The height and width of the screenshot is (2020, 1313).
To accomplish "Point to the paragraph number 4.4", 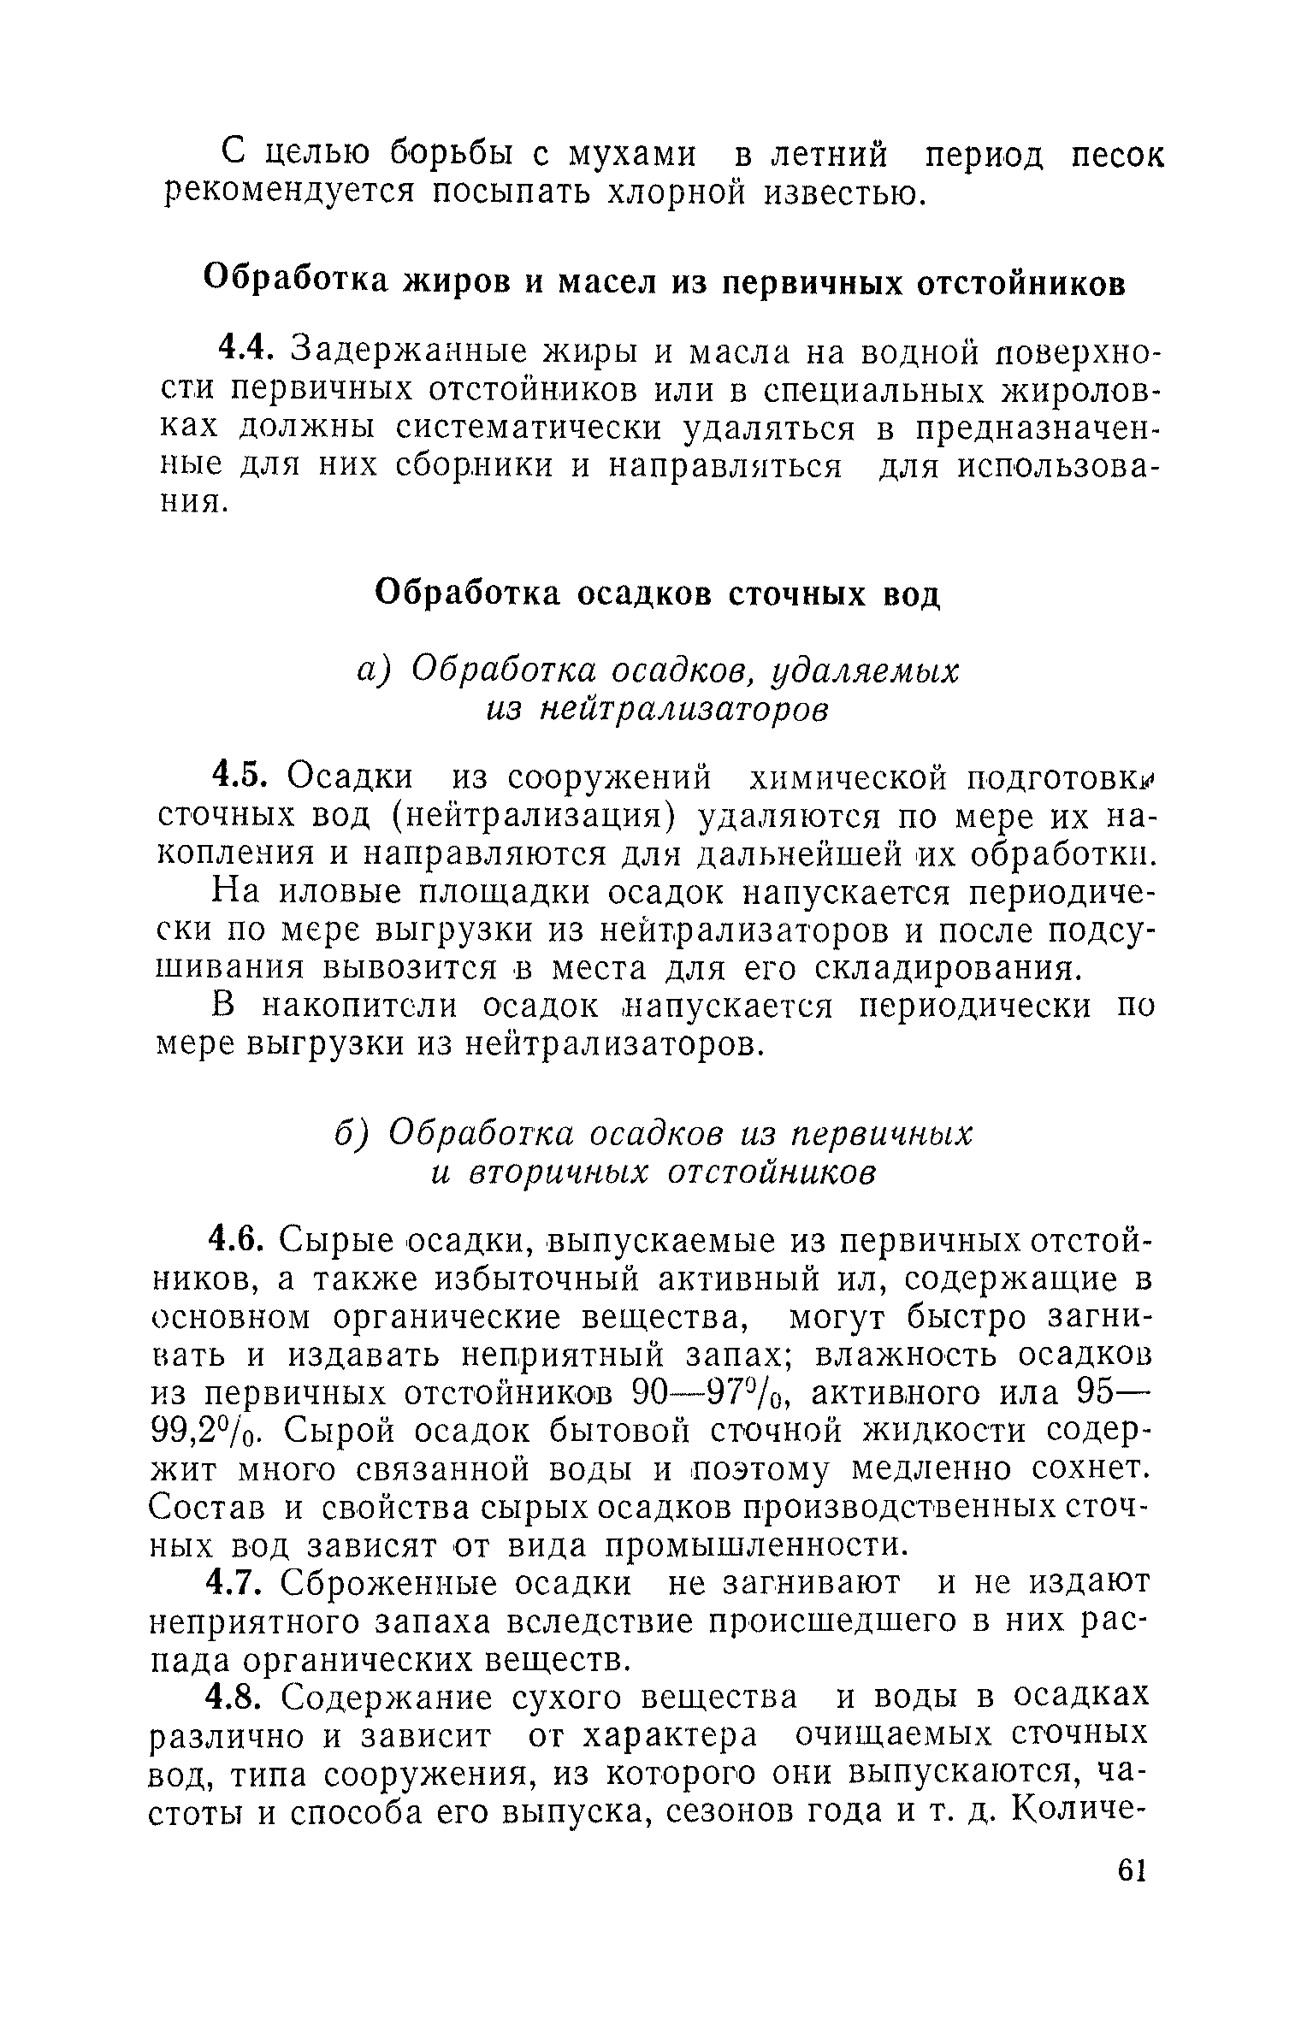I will (245, 350).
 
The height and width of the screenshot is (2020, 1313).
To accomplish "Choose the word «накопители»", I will (359, 1007).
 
